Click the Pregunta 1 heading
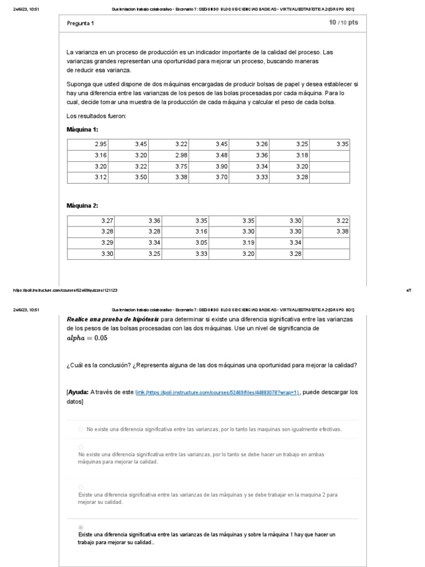point(80,23)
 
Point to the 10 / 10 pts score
point(343,23)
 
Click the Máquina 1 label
point(82,129)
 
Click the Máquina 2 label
point(82,205)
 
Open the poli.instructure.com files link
point(217,393)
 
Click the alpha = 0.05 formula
point(87,338)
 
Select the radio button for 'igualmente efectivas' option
point(81,429)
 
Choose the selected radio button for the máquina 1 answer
point(81,527)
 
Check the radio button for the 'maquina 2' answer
point(81,487)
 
